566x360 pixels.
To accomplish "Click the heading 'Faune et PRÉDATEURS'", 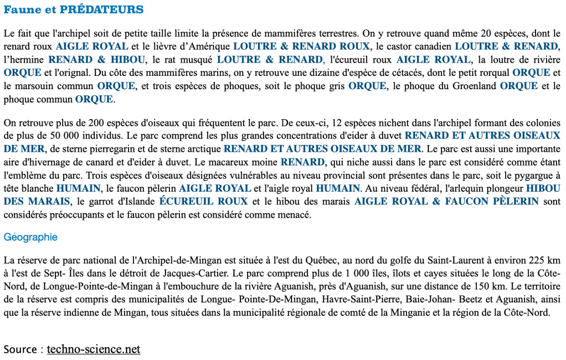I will point(73,10).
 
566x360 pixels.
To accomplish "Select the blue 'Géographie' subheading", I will point(30,237).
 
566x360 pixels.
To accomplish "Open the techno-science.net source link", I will point(93,349).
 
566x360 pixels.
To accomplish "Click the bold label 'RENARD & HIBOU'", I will point(97,59).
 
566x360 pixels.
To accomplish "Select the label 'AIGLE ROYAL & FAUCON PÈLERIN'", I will point(446,201).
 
